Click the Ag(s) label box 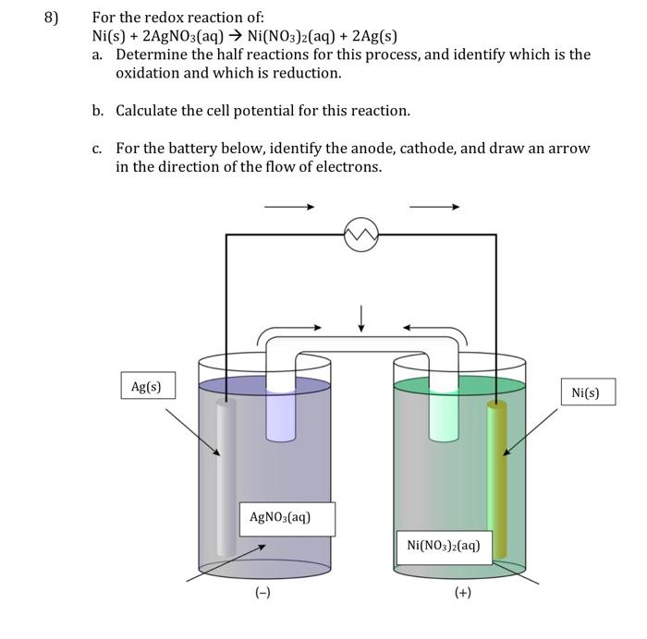coord(147,387)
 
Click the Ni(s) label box coord(585,392)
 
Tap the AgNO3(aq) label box coord(287,518)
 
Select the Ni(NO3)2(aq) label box coord(444,545)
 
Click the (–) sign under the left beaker coord(263,593)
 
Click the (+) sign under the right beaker coord(463,593)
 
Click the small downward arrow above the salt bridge coord(361,318)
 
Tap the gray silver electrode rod coord(226,480)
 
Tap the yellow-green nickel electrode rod coord(497,480)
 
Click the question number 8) coord(55,18)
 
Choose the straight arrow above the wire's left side coord(289,207)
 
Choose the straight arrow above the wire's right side coord(433,207)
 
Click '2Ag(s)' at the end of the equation coord(374,37)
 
